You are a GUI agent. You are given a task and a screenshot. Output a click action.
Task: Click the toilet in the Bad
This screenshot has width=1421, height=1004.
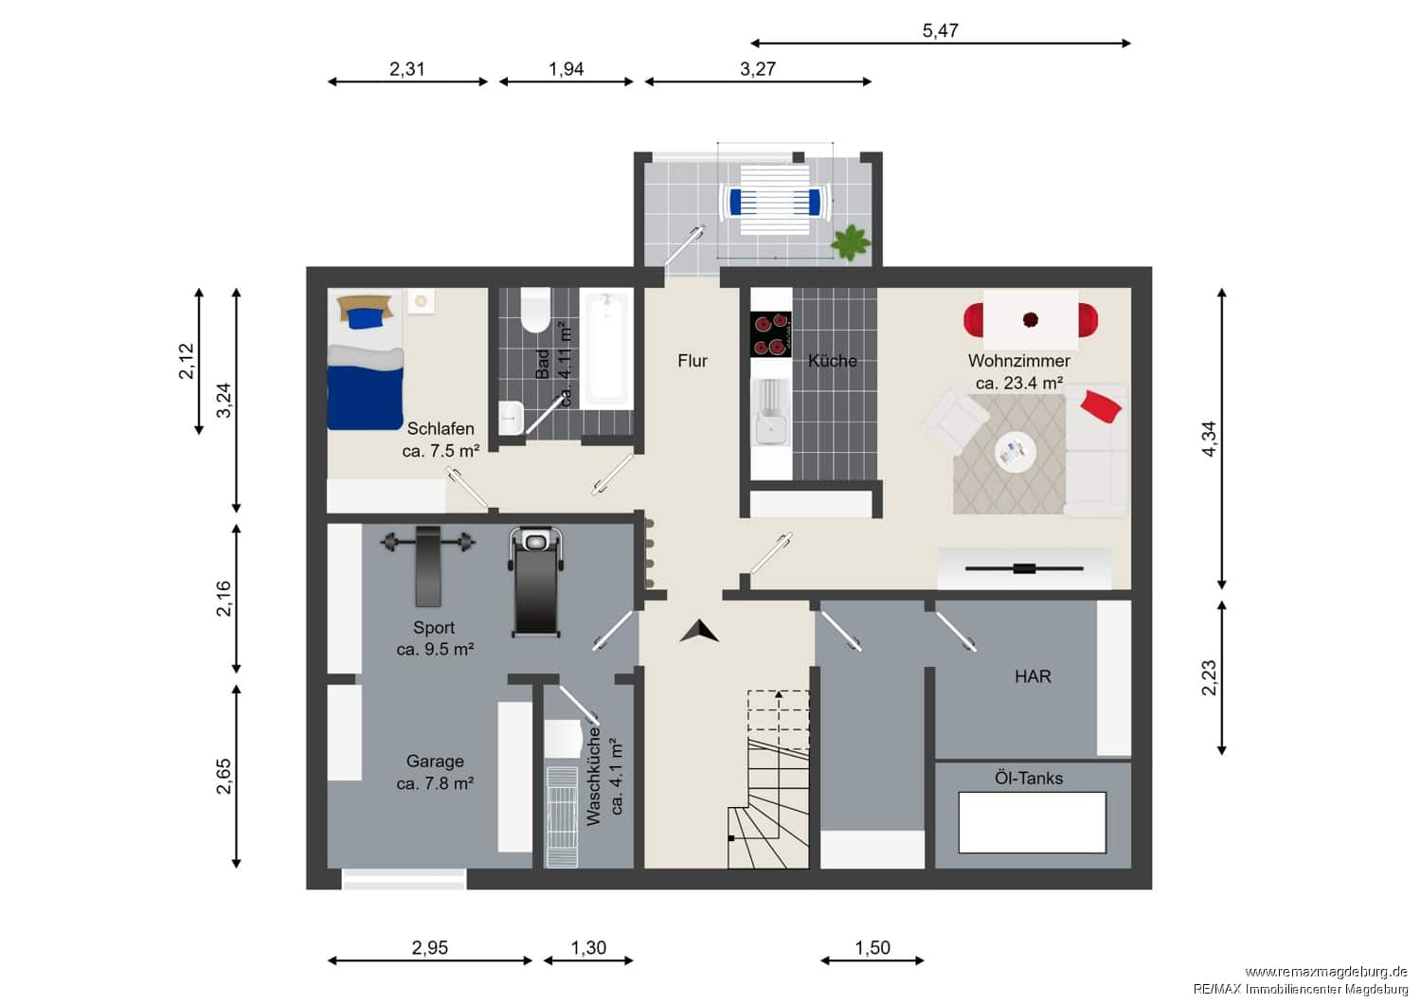pos(535,310)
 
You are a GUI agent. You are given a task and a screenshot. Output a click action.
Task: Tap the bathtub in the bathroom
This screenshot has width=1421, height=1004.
pos(606,349)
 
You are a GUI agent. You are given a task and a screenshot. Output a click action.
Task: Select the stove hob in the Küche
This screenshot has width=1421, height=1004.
pos(771,333)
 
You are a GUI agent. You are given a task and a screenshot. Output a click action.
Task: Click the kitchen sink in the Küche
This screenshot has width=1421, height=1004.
pos(771,412)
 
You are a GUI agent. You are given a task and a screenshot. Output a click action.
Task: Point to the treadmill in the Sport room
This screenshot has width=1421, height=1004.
pos(536,582)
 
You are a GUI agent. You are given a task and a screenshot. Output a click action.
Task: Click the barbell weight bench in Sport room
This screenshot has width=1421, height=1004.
pos(427,565)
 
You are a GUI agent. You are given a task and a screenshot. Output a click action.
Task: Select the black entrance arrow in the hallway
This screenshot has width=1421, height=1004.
pos(699,632)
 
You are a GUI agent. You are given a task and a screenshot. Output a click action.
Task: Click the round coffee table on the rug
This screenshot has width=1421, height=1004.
pos(1016,452)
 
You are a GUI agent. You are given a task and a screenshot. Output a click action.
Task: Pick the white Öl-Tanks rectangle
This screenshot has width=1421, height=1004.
pos(1033,822)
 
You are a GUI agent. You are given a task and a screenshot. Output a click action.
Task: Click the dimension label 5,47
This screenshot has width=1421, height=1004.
pos(940,30)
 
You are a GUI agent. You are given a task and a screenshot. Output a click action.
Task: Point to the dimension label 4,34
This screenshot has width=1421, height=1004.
pos(1209,439)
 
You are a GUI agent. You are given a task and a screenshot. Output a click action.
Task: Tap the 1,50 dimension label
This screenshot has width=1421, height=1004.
pos(872,947)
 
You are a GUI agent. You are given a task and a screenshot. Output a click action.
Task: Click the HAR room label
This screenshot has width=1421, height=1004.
pos(1033,676)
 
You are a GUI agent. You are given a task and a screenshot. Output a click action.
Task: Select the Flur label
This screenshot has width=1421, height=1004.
pos(693,361)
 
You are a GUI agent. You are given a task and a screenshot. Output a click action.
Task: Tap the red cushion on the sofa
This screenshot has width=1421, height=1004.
pos(1101,406)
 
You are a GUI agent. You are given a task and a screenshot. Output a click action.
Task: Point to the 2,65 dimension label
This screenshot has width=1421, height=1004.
pos(224,777)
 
